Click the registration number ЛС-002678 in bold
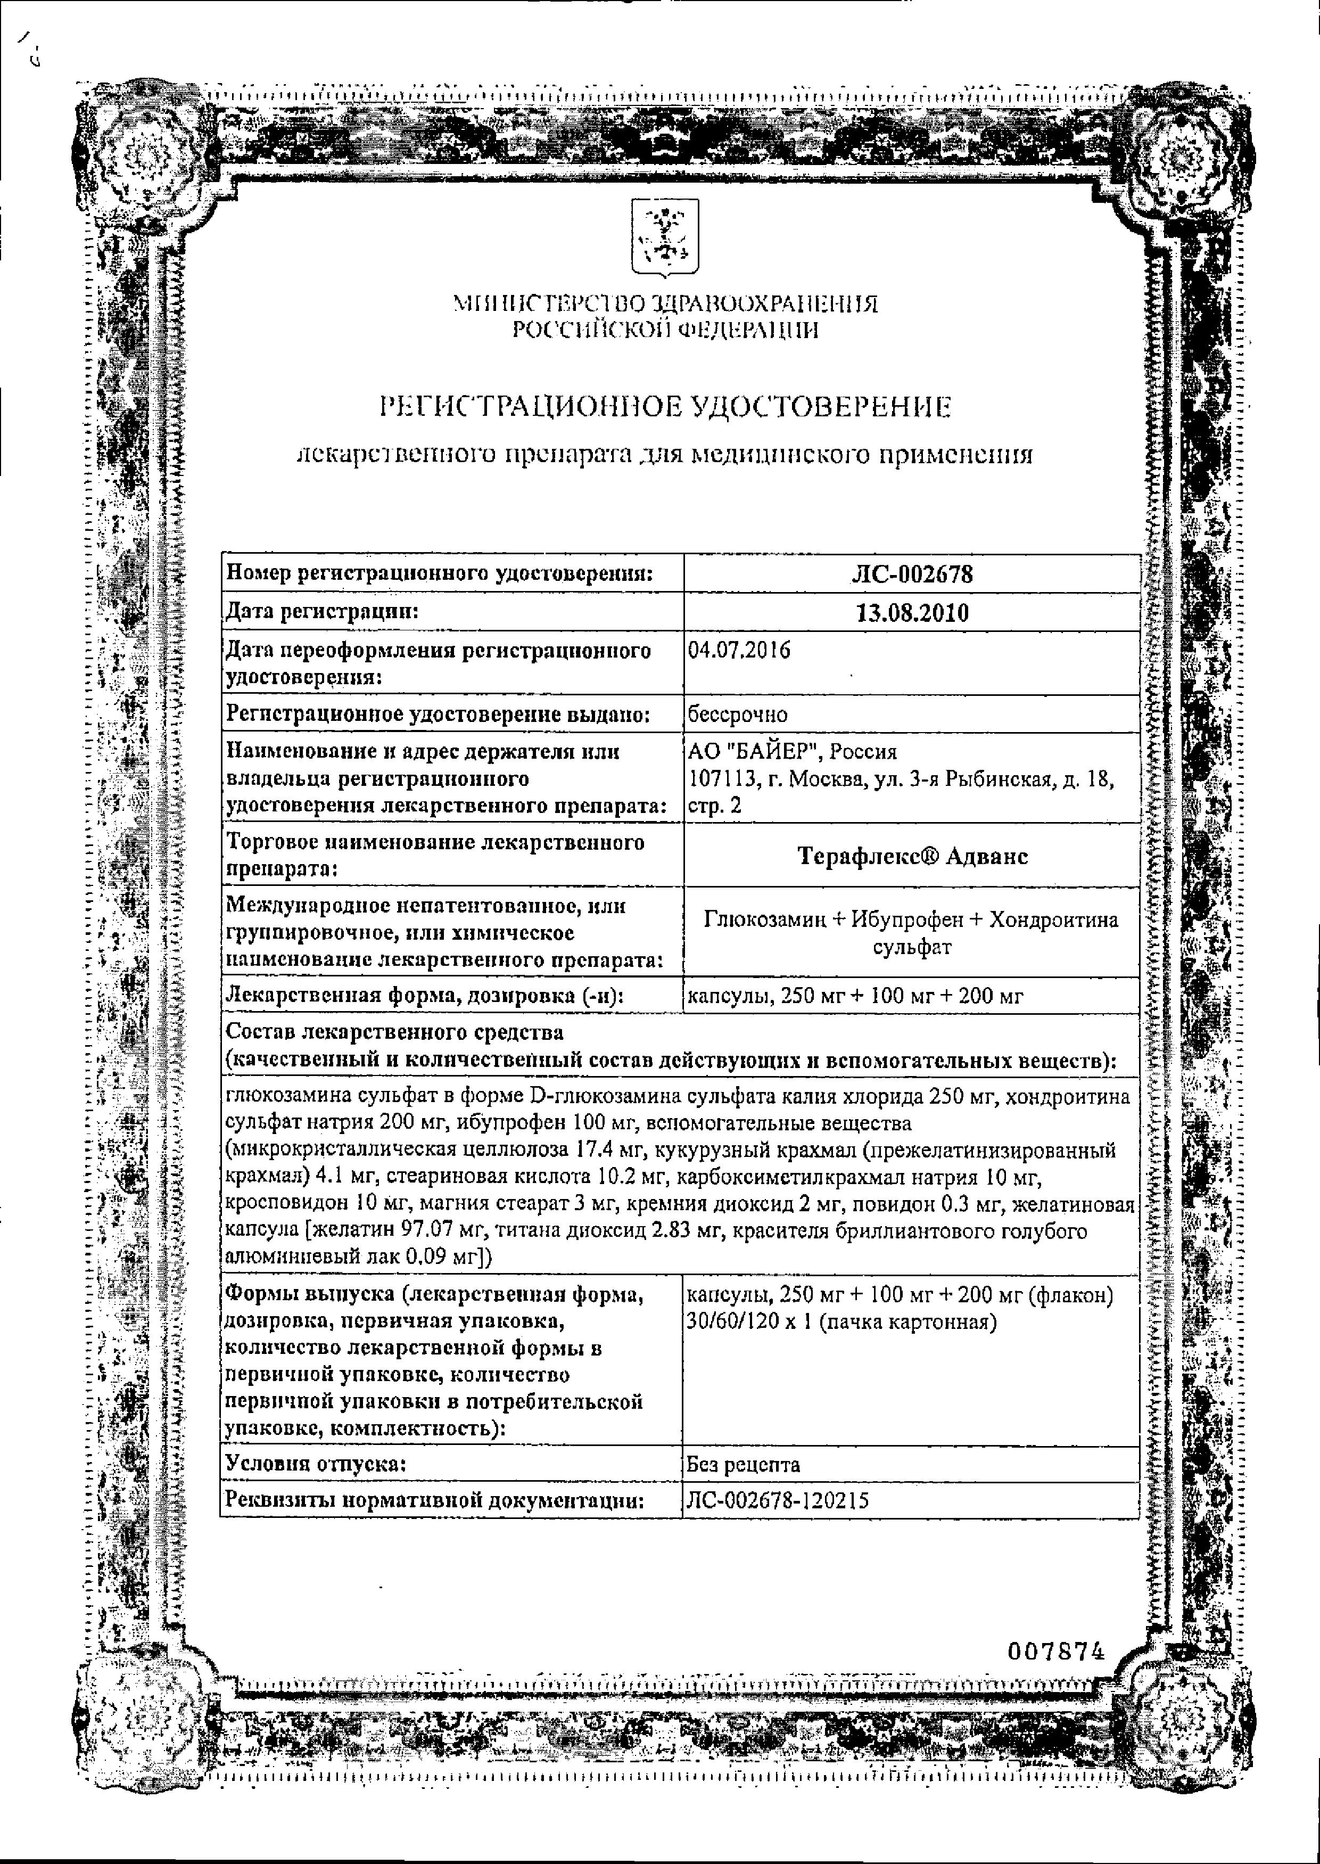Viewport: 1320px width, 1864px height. (x=911, y=574)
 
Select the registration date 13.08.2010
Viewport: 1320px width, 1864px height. (x=912, y=613)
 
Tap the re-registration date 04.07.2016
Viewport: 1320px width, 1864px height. (x=739, y=650)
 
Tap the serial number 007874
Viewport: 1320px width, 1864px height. (x=1057, y=1651)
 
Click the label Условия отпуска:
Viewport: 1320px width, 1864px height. (x=316, y=1465)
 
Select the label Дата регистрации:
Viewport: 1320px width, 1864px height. (x=322, y=612)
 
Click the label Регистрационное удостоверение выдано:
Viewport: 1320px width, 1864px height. (x=438, y=715)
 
